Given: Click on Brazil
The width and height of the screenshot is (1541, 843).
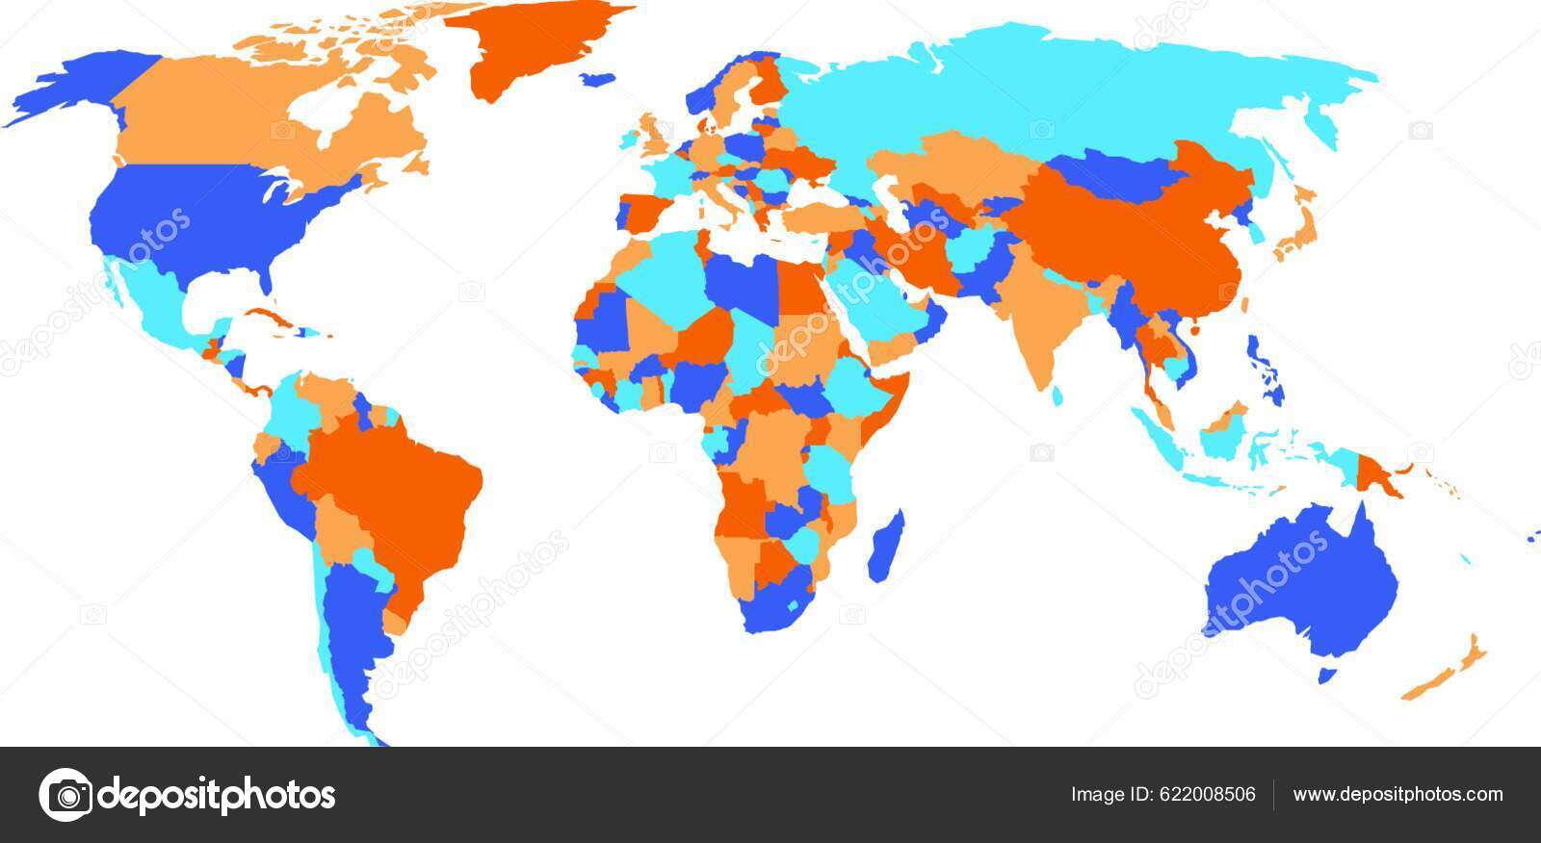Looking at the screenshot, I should (405, 481).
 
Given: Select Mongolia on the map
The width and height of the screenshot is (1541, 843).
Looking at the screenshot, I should (1108, 173).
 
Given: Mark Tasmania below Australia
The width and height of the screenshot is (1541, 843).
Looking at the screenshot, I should (1327, 676).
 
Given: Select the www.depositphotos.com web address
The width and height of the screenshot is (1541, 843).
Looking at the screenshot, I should (1397, 795).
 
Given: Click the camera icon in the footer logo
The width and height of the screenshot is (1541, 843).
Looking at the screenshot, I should (65, 795).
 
